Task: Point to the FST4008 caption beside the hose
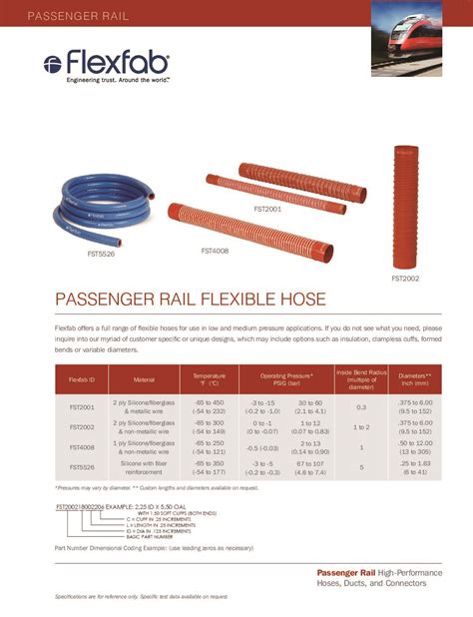pos(215,251)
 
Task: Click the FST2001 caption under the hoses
pos(266,209)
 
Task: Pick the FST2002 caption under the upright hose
pos(405,280)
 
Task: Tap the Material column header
pos(145,380)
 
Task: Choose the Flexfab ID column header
pos(82,380)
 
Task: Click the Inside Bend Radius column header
pos(361,380)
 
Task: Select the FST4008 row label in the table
pos(82,447)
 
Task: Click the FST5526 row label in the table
pos(82,467)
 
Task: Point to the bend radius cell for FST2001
pos(361,407)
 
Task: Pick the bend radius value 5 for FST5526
pos(361,467)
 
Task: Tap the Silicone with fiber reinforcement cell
pos(145,467)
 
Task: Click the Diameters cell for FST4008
pos(415,447)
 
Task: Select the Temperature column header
pos(209,380)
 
